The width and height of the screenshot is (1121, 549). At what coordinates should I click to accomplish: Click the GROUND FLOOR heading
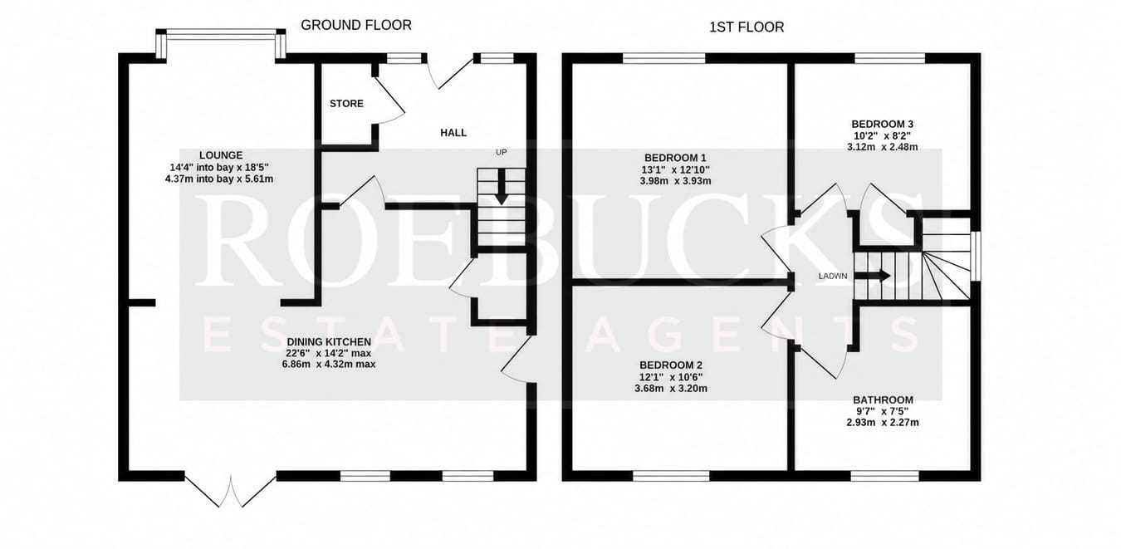tap(356, 25)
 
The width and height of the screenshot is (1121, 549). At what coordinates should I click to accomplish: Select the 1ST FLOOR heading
tap(747, 27)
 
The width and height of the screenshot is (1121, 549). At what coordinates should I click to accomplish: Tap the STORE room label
tap(346, 104)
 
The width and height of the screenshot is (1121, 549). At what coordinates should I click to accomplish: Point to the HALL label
tap(453, 133)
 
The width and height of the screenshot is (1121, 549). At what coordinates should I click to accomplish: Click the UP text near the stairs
tap(501, 152)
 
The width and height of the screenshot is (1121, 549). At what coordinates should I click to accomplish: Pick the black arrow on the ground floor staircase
tap(501, 187)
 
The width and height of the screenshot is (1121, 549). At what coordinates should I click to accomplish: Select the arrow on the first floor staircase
tap(872, 276)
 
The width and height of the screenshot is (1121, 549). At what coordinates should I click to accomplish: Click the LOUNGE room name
tap(221, 155)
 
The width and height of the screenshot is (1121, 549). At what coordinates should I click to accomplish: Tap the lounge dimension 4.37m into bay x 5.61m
tap(219, 179)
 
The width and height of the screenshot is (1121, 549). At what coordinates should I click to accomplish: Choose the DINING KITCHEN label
tap(329, 342)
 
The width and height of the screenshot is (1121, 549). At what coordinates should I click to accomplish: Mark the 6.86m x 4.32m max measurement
tap(329, 365)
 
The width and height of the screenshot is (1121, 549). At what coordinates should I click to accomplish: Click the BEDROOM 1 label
tap(675, 158)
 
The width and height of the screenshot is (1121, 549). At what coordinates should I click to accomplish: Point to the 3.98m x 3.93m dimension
tap(675, 181)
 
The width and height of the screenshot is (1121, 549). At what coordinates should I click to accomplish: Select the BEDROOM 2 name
tap(671, 365)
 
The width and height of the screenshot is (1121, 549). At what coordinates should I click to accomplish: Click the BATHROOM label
tap(883, 399)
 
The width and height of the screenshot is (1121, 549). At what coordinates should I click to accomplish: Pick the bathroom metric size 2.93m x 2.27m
tap(883, 423)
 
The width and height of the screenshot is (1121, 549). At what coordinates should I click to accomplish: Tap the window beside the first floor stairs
tap(976, 257)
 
